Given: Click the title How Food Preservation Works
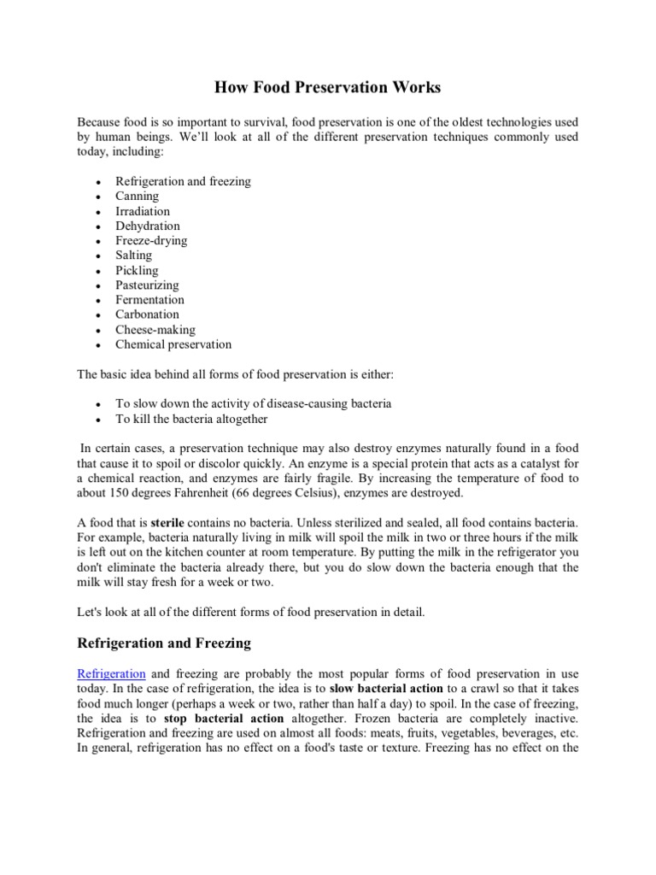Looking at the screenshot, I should [x=327, y=88].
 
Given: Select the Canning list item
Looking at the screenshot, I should [x=138, y=197].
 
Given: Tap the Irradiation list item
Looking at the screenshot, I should [x=143, y=211].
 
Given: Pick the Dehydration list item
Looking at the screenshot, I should [x=148, y=226].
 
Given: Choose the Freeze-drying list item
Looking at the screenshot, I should [x=151, y=241].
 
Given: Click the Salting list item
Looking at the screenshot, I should [x=134, y=255].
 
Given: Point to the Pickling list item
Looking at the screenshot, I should [x=137, y=270].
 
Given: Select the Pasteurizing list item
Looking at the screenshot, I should [x=147, y=285].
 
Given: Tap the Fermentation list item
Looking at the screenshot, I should [x=149, y=300].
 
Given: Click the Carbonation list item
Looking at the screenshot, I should [x=147, y=314].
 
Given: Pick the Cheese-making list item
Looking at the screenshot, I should [x=155, y=330].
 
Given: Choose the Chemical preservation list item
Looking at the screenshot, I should [x=173, y=344].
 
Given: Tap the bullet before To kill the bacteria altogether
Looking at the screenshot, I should [x=100, y=420].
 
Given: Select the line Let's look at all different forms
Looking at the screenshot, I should [x=257, y=612].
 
